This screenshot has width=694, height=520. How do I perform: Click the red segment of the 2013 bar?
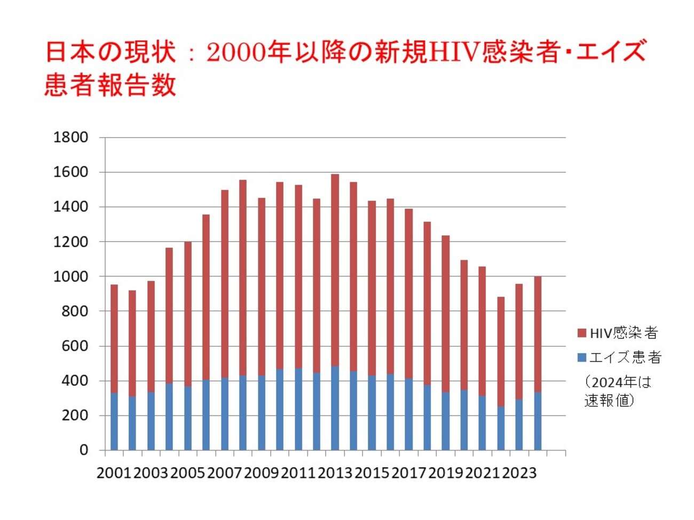335,269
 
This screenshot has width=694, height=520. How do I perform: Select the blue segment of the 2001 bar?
114,421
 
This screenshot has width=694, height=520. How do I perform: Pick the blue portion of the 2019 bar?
445,421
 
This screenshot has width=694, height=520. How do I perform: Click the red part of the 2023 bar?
519,341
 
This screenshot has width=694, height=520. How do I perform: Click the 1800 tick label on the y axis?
70,138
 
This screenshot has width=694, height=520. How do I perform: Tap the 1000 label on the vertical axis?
70,277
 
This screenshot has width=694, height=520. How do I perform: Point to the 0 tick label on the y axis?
83,450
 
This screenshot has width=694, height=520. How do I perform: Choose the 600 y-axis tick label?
74,346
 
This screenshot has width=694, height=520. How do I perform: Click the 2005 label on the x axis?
187,473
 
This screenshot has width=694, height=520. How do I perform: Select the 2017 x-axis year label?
408,473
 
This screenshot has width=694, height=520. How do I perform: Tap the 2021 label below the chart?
482,473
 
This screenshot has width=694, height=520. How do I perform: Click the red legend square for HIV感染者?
582,333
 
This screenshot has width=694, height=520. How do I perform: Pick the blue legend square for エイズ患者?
582,357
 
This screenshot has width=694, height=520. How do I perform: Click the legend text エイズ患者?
625,357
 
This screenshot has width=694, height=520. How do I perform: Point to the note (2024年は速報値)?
617,391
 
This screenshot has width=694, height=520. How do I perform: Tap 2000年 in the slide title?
248,52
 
